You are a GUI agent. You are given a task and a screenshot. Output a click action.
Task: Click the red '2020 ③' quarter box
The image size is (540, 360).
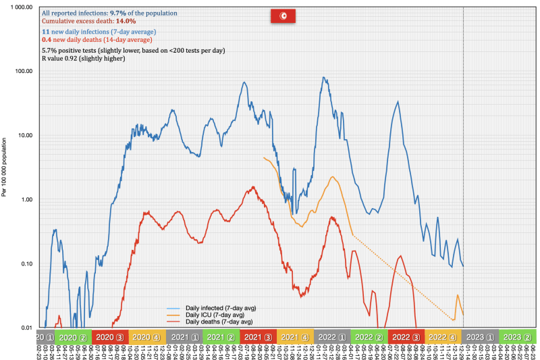108,336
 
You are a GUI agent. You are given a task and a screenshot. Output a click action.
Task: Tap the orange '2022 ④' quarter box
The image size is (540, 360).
443,336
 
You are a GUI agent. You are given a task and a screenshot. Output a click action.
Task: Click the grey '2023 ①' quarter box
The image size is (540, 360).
480,336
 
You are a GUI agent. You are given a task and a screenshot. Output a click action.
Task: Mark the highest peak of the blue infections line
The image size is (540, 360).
325,78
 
